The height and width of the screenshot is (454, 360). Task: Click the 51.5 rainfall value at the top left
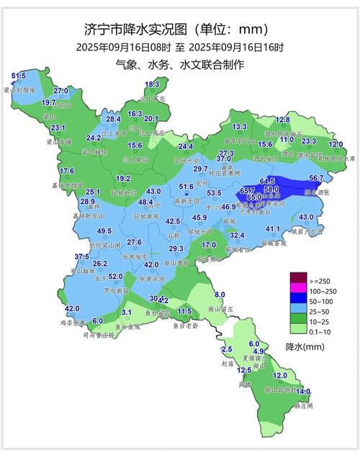point(19,76)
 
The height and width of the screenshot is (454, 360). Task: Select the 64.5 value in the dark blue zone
point(267,180)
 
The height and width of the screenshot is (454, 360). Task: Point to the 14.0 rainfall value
point(303,391)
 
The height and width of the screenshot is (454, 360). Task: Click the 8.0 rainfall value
point(220,294)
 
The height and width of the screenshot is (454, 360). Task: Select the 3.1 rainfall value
point(127,312)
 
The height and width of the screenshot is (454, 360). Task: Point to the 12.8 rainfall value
point(282,120)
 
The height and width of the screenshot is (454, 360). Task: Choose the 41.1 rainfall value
point(273,229)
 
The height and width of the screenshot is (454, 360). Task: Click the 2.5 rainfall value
point(228,349)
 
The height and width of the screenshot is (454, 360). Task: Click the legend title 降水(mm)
point(305,347)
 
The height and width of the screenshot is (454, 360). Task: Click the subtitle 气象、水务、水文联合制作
point(180,65)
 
